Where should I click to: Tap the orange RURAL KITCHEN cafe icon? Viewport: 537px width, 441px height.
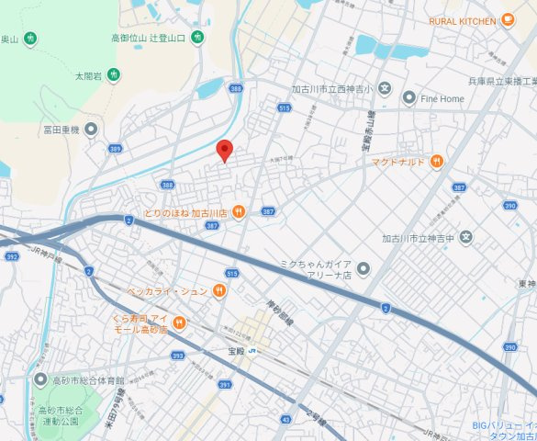click(x=508, y=19)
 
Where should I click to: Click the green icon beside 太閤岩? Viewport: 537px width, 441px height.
click(x=113, y=74)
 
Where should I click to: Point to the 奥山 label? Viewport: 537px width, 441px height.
click(x=9, y=39)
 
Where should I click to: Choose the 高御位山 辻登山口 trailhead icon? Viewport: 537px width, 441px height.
click(x=197, y=38)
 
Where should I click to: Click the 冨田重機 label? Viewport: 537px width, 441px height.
click(x=62, y=130)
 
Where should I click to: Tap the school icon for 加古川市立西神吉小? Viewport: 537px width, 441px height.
click(x=385, y=90)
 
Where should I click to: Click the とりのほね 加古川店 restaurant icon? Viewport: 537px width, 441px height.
click(x=239, y=212)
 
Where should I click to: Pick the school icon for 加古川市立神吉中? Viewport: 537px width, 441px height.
click(x=466, y=238)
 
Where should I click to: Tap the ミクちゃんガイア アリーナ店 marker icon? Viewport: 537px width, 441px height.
click(x=364, y=268)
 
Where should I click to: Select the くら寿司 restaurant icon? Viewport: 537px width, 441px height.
click(x=178, y=322)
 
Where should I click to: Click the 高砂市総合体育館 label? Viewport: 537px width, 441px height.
click(x=88, y=379)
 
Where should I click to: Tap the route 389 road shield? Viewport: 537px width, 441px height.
click(x=115, y=148)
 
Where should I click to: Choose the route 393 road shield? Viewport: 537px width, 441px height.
click(x=177, y=355)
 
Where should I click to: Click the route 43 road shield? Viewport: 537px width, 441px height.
click(x=287, y=419)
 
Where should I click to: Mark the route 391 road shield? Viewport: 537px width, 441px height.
click(x=223, y=385)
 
